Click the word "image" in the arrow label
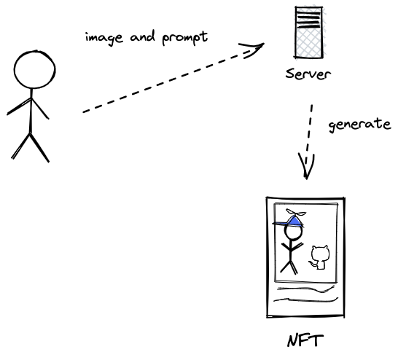point(104,39)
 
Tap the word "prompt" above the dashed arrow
point(185,39)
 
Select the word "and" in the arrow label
point(142,36)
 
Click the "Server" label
point(308,74)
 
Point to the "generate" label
point(359,125)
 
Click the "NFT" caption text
point(305,341)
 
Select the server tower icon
point(309,32)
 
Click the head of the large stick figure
point(34,70)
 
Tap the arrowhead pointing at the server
point(252,50)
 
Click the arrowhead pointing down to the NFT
point(306,166)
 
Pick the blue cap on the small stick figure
point(289,222)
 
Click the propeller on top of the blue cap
point(296,213)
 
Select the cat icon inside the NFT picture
point(319,257)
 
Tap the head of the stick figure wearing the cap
point(294,232)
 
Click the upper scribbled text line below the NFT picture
point(306,289)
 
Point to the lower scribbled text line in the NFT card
point(306,300)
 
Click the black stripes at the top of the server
point(308,20)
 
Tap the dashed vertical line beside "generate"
point(308,135)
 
